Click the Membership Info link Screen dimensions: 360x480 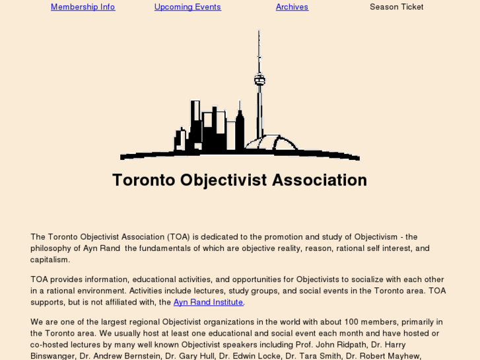(x=83, y=7)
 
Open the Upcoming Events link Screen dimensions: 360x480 (x=188, y=7)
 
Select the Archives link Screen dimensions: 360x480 (x=292, y=7)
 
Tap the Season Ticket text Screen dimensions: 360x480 (x=396, y=7)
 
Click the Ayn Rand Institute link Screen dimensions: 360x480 (x=208, y=302)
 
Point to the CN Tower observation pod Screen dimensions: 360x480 (x=259, y=81)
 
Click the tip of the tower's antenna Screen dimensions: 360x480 (x=259, y=32)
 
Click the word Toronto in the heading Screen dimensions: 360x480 (x=143, y=180)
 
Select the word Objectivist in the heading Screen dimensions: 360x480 (x=223, y=180)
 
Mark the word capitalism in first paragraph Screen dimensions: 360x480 (x=50, y=260)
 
